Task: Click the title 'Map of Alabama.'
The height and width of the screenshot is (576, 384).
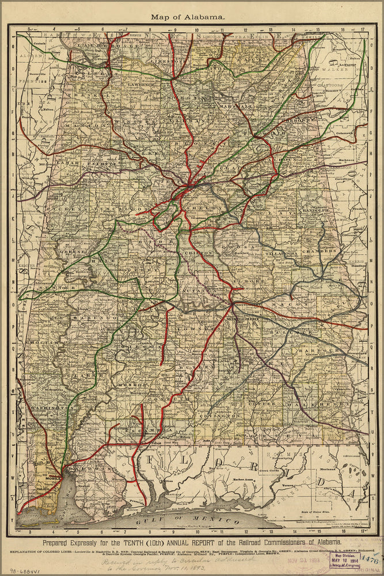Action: click(x=188, y=17)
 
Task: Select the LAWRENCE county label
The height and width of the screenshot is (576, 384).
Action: click(x=141, y=85)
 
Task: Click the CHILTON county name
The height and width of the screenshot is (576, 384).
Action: click(x=199, y=252)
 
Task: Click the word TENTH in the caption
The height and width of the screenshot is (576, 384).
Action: click(x=156, y=543)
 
